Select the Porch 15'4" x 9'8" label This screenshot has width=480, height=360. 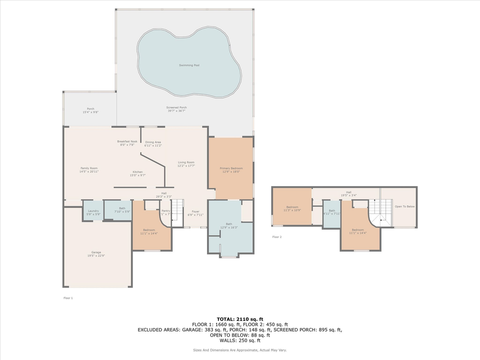pyautogui.click(x=90, y=110)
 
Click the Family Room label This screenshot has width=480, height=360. pyautogui.click(x=89, y=170)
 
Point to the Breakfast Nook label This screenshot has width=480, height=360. pyautogui.click(x=127, y=143)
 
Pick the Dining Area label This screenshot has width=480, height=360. pyautogui.click(x=153, y=143)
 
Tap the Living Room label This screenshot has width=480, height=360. pyautogui.click(x=186, y=164)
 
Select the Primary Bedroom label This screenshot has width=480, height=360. pyautogui.click(x=231, y=170)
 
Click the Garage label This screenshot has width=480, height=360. pyautogui.click(x=96, y=254)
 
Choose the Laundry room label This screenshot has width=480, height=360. pyautogui.click(x=93, y=212)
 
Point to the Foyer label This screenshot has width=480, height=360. pyautogui.click(x=196, y=213)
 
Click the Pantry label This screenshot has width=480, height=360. pyautogui.click(x=166, y=212)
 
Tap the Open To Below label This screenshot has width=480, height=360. pyautogui.click(x=404, y=206)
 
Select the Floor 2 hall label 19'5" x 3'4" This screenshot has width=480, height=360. pyautogui.click(x=348, y=193)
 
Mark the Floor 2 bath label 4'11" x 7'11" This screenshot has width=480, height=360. pyautogui.click(x=332, y=212)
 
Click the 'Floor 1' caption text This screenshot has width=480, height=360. pyautogui.click(x=68, y=298)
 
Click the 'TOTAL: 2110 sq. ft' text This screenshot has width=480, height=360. pyautogui.click(x=239, y=318)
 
